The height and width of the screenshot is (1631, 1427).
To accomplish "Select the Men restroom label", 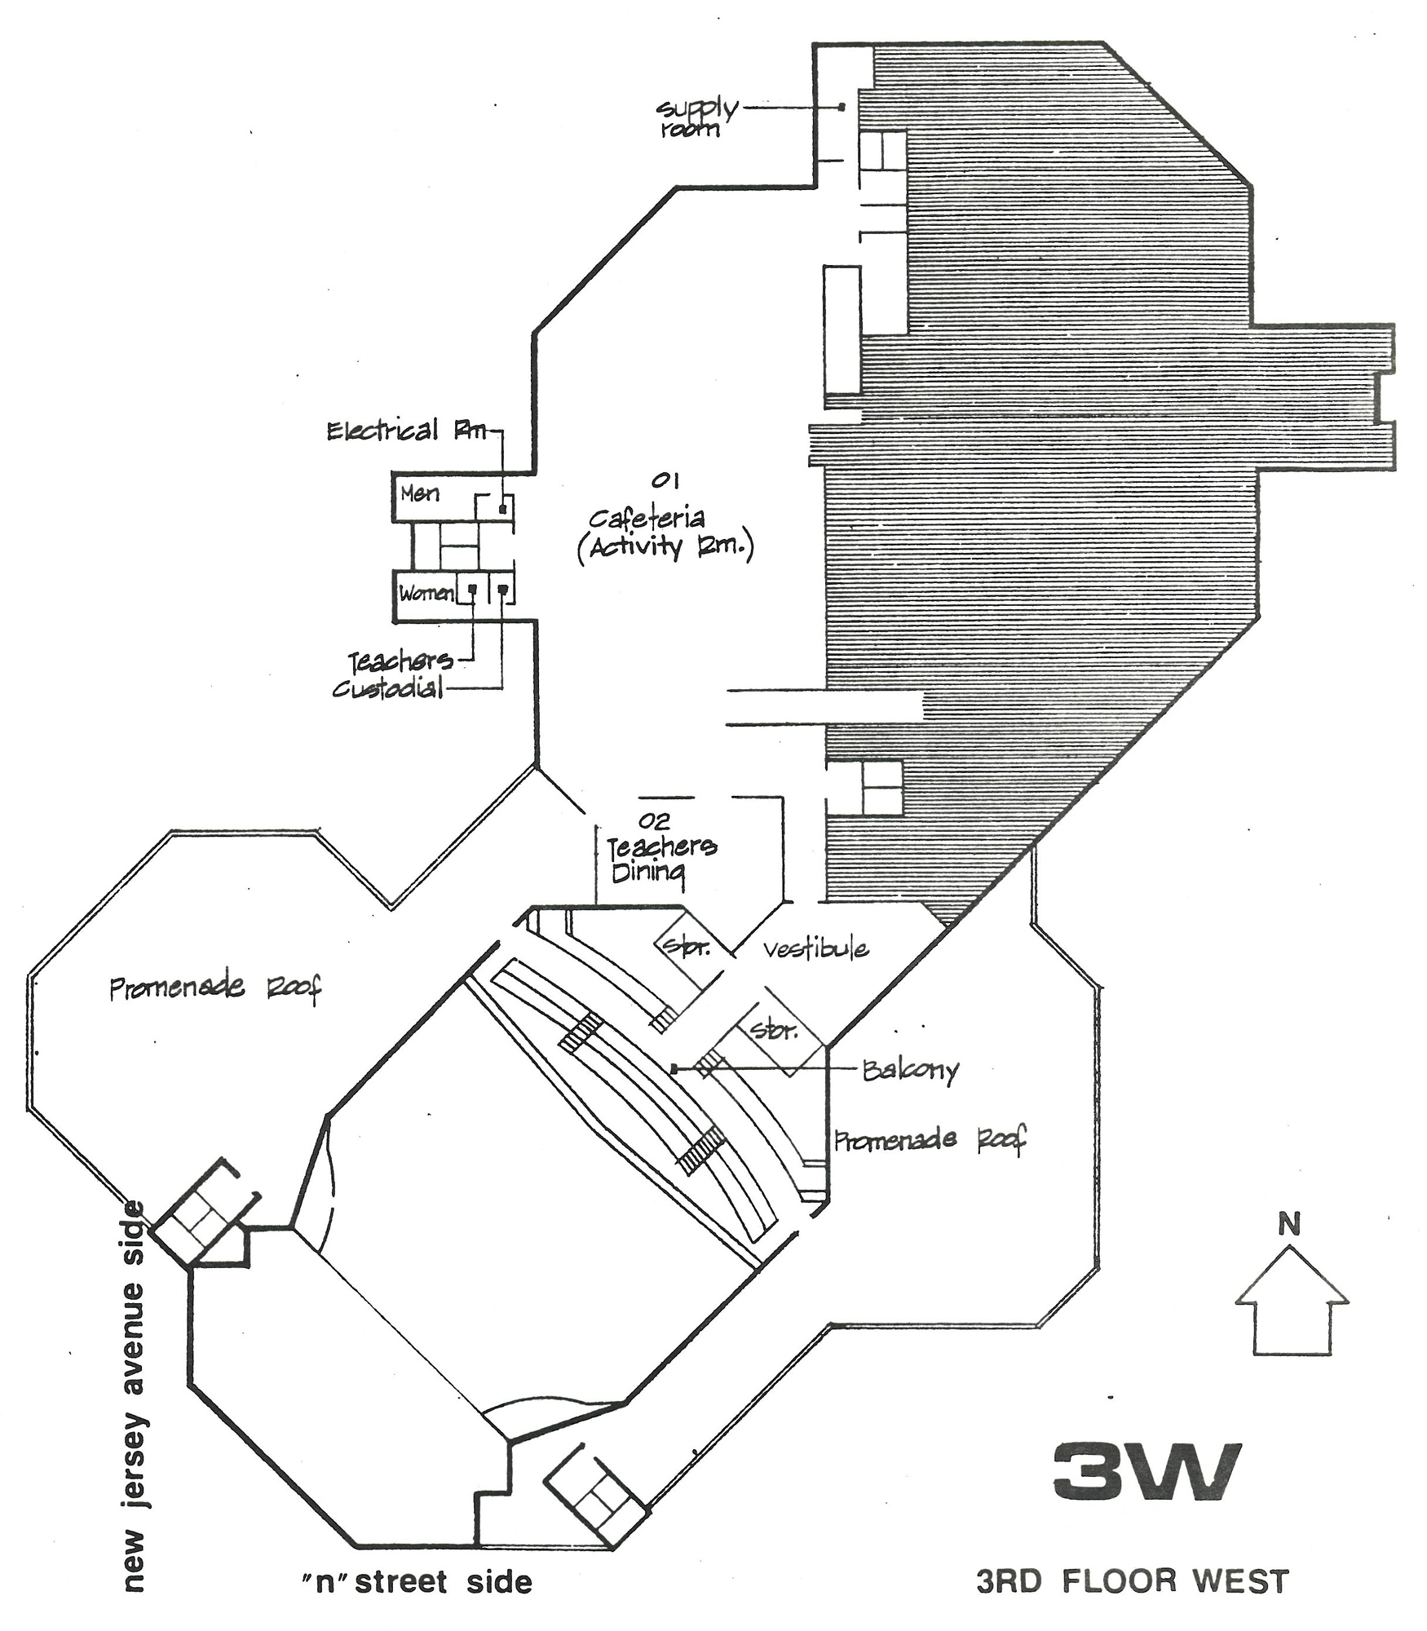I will (420, 493).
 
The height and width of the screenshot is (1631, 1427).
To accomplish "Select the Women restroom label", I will (425, 593).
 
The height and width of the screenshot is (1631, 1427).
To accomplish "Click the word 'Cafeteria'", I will (647, 517).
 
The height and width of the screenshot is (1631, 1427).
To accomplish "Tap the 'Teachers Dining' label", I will (661, 859).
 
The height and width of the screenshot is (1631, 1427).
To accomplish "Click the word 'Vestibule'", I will (815, 948).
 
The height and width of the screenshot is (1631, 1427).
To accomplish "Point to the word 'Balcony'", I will (911, 1070).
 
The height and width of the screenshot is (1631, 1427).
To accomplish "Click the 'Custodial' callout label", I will (387, 689).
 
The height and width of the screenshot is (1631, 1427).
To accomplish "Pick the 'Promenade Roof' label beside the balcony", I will (930, 1139).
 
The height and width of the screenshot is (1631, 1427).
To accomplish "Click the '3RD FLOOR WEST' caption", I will (1133, 1581).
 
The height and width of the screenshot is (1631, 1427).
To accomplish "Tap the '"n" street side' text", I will (416, 1582).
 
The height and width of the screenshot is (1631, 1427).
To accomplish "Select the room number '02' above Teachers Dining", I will (654, 820).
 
